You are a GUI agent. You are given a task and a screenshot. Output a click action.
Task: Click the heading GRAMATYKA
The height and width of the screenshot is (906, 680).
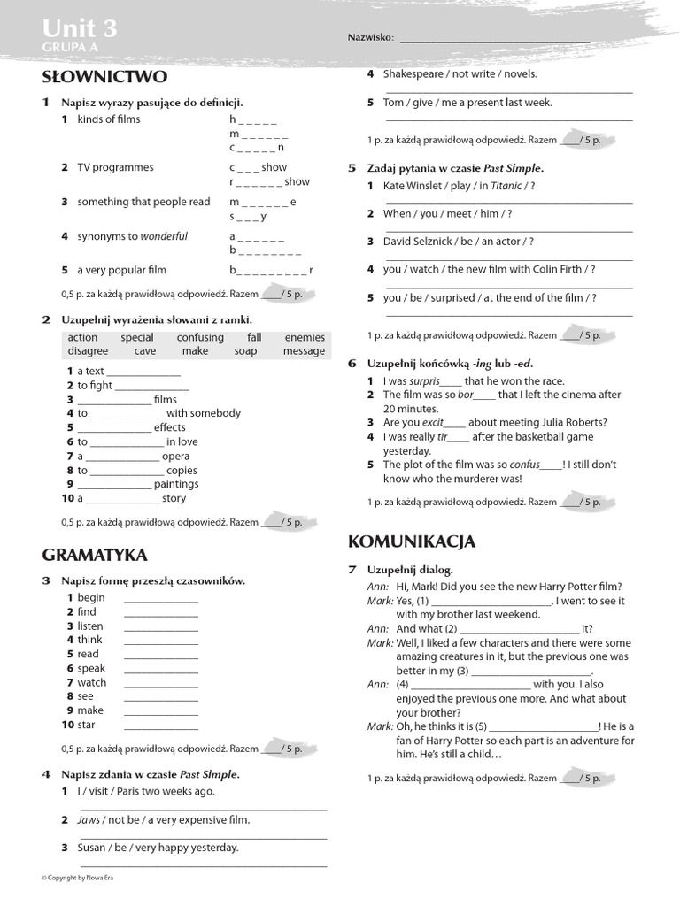(95, 555)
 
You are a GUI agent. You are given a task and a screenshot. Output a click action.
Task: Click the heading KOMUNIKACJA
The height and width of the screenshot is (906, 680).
(412, 541)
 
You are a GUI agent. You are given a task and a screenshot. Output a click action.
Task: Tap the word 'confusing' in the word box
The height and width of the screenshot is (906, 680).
(200, 337)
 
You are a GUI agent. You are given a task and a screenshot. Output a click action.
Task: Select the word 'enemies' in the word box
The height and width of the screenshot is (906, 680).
(305, 337)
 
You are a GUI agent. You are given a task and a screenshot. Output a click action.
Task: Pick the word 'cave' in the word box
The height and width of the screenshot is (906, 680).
(144, 351)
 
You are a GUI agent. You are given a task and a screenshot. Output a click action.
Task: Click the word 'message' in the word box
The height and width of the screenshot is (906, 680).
(304, 351)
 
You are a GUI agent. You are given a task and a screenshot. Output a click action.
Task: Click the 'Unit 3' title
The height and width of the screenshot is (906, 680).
(80, 29)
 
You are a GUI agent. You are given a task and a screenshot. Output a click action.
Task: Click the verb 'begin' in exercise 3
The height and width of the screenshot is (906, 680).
(91, 597)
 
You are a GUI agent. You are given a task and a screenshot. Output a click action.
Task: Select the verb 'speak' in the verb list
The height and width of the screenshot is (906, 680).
(91, 668)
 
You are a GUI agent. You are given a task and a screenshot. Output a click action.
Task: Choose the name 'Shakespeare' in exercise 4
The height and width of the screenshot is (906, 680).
(414, 74)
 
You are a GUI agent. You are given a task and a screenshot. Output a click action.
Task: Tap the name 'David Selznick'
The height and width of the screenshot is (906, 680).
(420, 242)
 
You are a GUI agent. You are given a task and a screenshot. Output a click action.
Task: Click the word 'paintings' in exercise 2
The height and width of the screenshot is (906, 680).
(176, 484)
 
